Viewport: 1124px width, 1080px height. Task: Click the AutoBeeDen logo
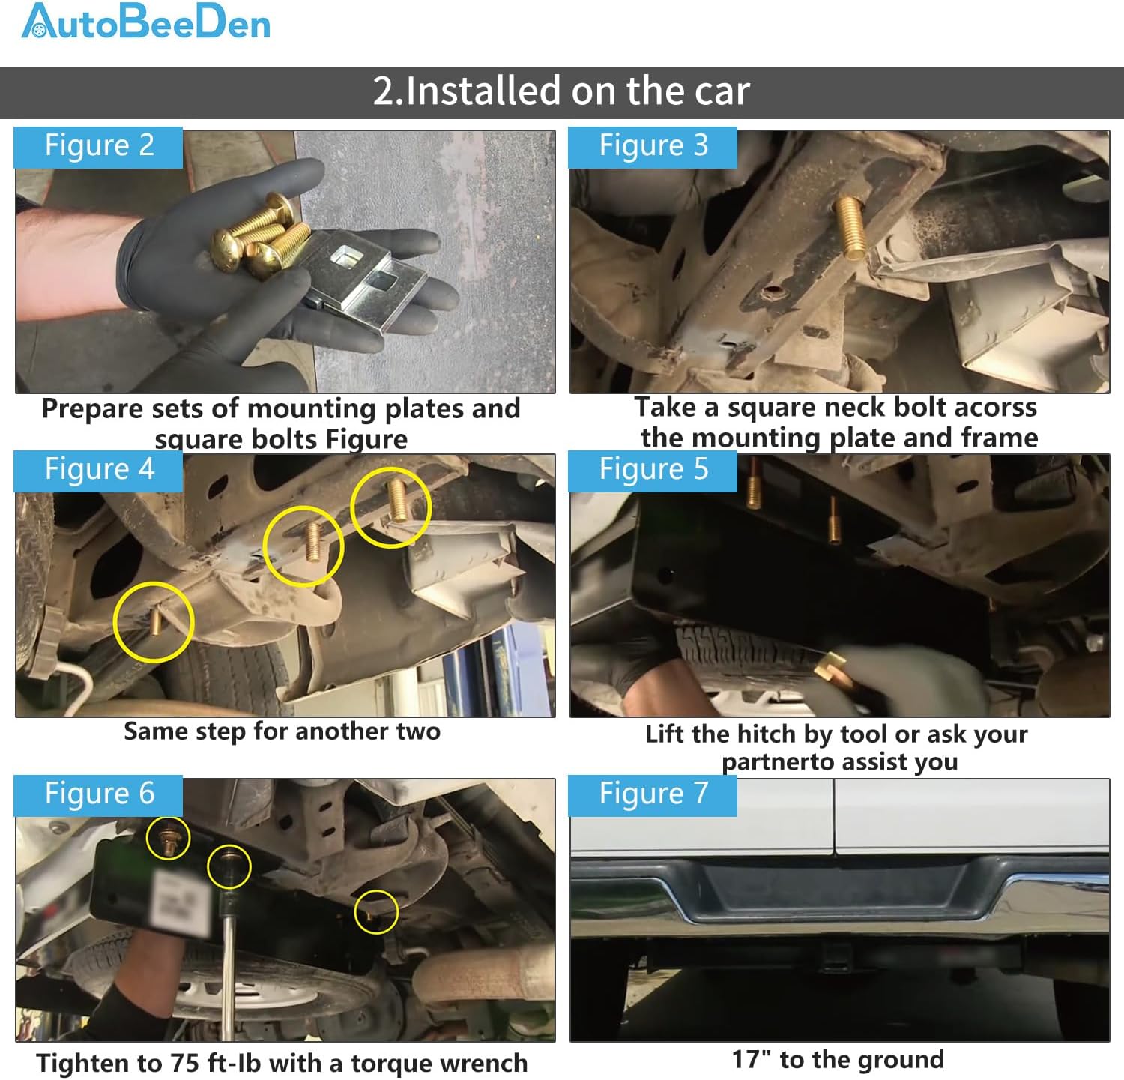(x=146, y=22)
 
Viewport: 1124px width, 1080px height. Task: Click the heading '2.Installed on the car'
(x=561, y=91)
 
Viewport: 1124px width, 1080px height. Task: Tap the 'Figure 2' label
(x=99, y=146)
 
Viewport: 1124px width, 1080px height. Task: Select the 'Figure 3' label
(x=653, y=146)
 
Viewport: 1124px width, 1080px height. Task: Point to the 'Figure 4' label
(x=99, y=470)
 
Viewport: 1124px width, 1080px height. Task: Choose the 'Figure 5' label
(x=653, y=470)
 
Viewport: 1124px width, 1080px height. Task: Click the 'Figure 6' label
(x=99, y=794)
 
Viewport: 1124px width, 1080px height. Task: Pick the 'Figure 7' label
(x=653, y=794)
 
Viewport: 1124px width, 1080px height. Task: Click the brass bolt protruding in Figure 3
(x=853, y=224)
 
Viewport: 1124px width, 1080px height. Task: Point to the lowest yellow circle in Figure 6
(x=376, y=911)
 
